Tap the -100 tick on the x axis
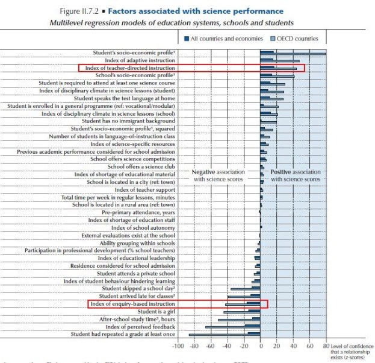178,346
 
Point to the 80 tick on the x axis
326,346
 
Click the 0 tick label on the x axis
261,346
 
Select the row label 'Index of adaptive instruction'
140,60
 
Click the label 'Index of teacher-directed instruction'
130,68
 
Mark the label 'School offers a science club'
141,166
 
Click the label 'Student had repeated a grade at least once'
123,334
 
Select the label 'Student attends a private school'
136,273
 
